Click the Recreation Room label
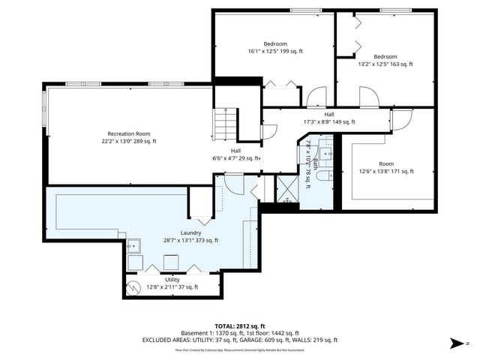[123, 133]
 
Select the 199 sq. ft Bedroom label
[275, 43]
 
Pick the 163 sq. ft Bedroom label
[385, 56]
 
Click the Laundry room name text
[190, 232]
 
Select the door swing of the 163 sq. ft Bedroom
[368, 96]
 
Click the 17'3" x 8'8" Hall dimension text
[328, 121]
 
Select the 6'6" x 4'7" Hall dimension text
[235, 158]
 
